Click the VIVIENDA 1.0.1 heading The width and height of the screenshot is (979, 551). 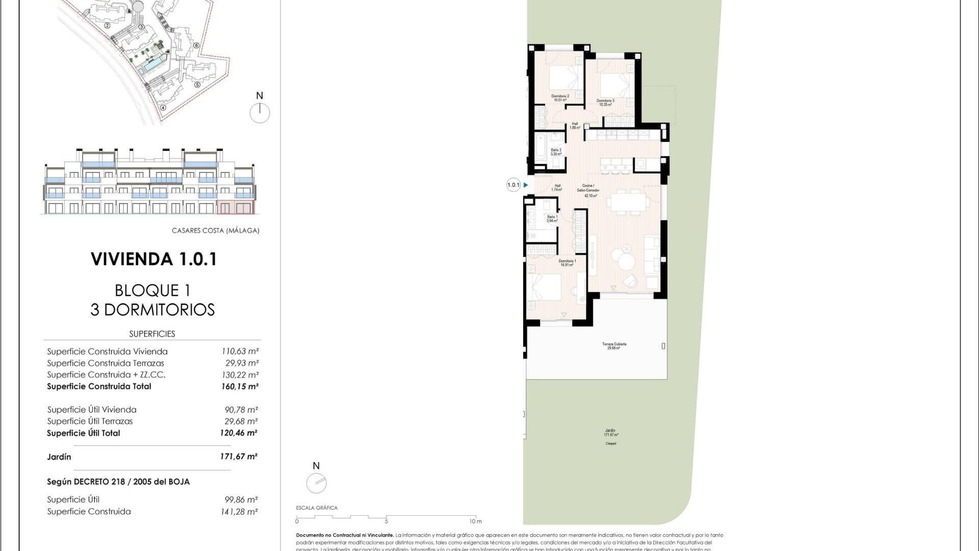click(x=154, y=259)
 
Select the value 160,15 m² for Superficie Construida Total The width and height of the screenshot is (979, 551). click(x=239, y=387)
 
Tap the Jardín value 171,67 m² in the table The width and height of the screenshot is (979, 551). click(x=239, y=457)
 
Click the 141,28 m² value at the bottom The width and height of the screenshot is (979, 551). click(x=239, y=512)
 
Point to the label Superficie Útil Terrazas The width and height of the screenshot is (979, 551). click(x=90, y=421)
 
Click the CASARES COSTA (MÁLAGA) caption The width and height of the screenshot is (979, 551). click(x=215, y=231)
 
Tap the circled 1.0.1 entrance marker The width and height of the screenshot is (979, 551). click(x=513, y=185)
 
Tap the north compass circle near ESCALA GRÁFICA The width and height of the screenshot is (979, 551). click(x=316, y=483)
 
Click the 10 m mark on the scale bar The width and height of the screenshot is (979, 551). click(x=475, y=521)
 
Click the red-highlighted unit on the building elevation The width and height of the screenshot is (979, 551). click(x=235, y=207)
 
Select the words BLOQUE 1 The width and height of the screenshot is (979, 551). click(x=152, y=291)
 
